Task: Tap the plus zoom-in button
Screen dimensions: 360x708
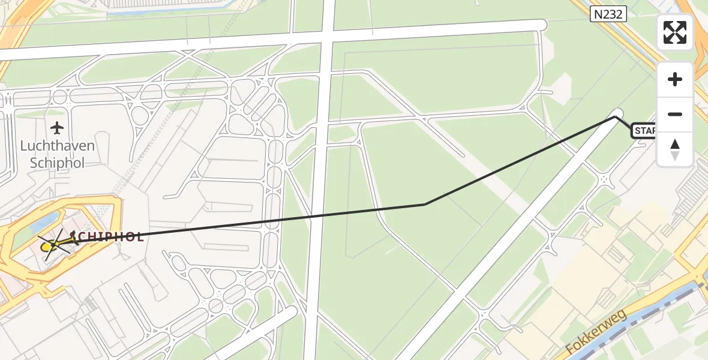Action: [x=675, y=79]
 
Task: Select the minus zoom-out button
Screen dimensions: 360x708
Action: [x=675, y=114]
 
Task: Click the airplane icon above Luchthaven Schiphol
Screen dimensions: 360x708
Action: [x=57, y=128]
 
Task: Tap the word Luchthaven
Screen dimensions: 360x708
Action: [x=57, y=146]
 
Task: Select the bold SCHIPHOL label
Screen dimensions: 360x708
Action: [x=108, y=236]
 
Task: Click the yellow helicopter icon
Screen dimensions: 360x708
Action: [x=51, y=245]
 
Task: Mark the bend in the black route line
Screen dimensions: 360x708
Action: [x=425, y=205]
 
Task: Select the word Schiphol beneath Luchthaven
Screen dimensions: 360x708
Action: [x=57, y=163]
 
